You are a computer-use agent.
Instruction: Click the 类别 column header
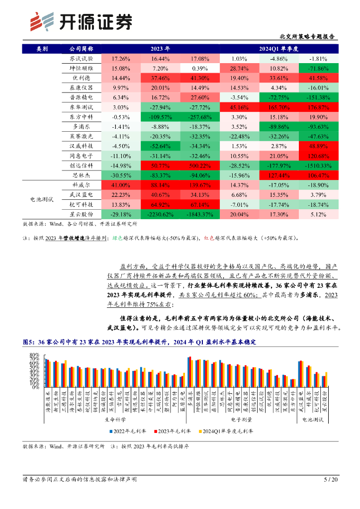pyautogui.click(x=43, y=49)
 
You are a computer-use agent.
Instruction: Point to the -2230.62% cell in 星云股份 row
pyautogui.click(x=160, y=214)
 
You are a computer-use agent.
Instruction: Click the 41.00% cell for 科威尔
pyautogui.click(x=121, y=184)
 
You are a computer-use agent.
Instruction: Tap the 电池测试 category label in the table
pyautogui.click(x=43, y=199)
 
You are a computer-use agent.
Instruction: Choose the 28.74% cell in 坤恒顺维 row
pyautogui.click(x=239, y=68)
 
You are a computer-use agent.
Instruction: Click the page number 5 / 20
pyautogui.click(x=331, y=480)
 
